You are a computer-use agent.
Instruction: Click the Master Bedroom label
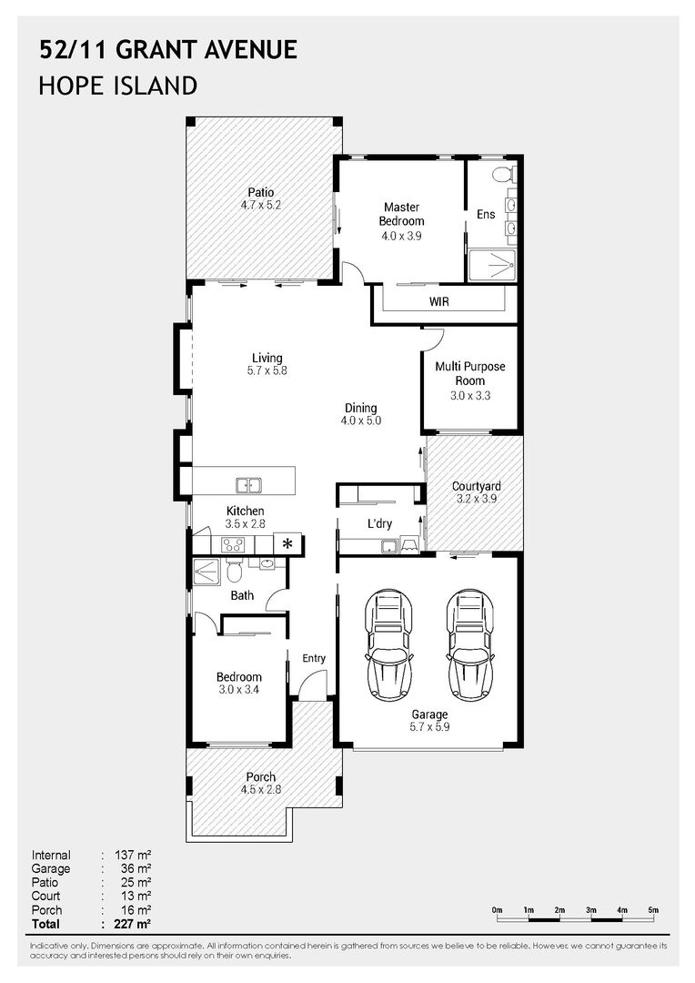pos(402,214)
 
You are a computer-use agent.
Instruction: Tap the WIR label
pos(438,301)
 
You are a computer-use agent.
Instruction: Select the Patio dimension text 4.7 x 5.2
pos(261,205)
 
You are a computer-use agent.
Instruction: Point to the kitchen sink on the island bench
pos(248,484)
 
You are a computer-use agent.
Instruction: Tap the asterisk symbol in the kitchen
pos(287,543)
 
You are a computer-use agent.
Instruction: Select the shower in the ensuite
pos(492,266)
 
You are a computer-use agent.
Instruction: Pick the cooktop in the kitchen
pos(233,545)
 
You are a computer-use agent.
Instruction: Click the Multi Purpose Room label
pos(470,374)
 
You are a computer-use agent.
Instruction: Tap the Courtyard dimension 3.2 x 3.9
pos(477,499)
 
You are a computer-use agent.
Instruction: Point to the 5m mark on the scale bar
pos(653,910)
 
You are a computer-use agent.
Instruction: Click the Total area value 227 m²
pos(133,924)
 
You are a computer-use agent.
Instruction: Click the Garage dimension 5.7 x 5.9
pos(429,727)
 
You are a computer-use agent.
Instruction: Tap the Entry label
pos(314,658)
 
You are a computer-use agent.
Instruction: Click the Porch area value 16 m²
pos(136,910)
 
